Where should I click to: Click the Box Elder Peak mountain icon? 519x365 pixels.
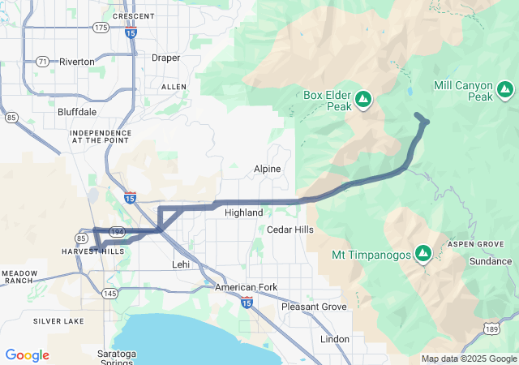coord(363,99)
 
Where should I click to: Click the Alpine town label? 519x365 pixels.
coord(267,169)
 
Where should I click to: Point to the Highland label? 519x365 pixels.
coord(243,213)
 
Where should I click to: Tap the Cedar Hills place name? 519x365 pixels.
coord(290,230)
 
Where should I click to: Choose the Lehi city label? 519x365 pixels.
coord(181,264)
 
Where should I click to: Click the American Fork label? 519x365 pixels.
coord(247,288)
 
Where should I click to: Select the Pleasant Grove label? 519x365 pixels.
coord(313,307)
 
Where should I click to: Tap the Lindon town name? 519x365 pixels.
coord(335,338)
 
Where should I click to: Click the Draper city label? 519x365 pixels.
coord(165,58)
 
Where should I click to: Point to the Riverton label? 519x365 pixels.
coord(76,62)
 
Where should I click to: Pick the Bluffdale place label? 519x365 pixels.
coord(78,111)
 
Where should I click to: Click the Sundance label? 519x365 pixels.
coord(491,262)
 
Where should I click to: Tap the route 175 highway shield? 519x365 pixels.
coord(101,28)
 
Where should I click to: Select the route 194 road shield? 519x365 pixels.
coord(117,231)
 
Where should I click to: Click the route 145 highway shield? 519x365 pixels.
coord(109,293)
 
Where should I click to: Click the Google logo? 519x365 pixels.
coord(28,355)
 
